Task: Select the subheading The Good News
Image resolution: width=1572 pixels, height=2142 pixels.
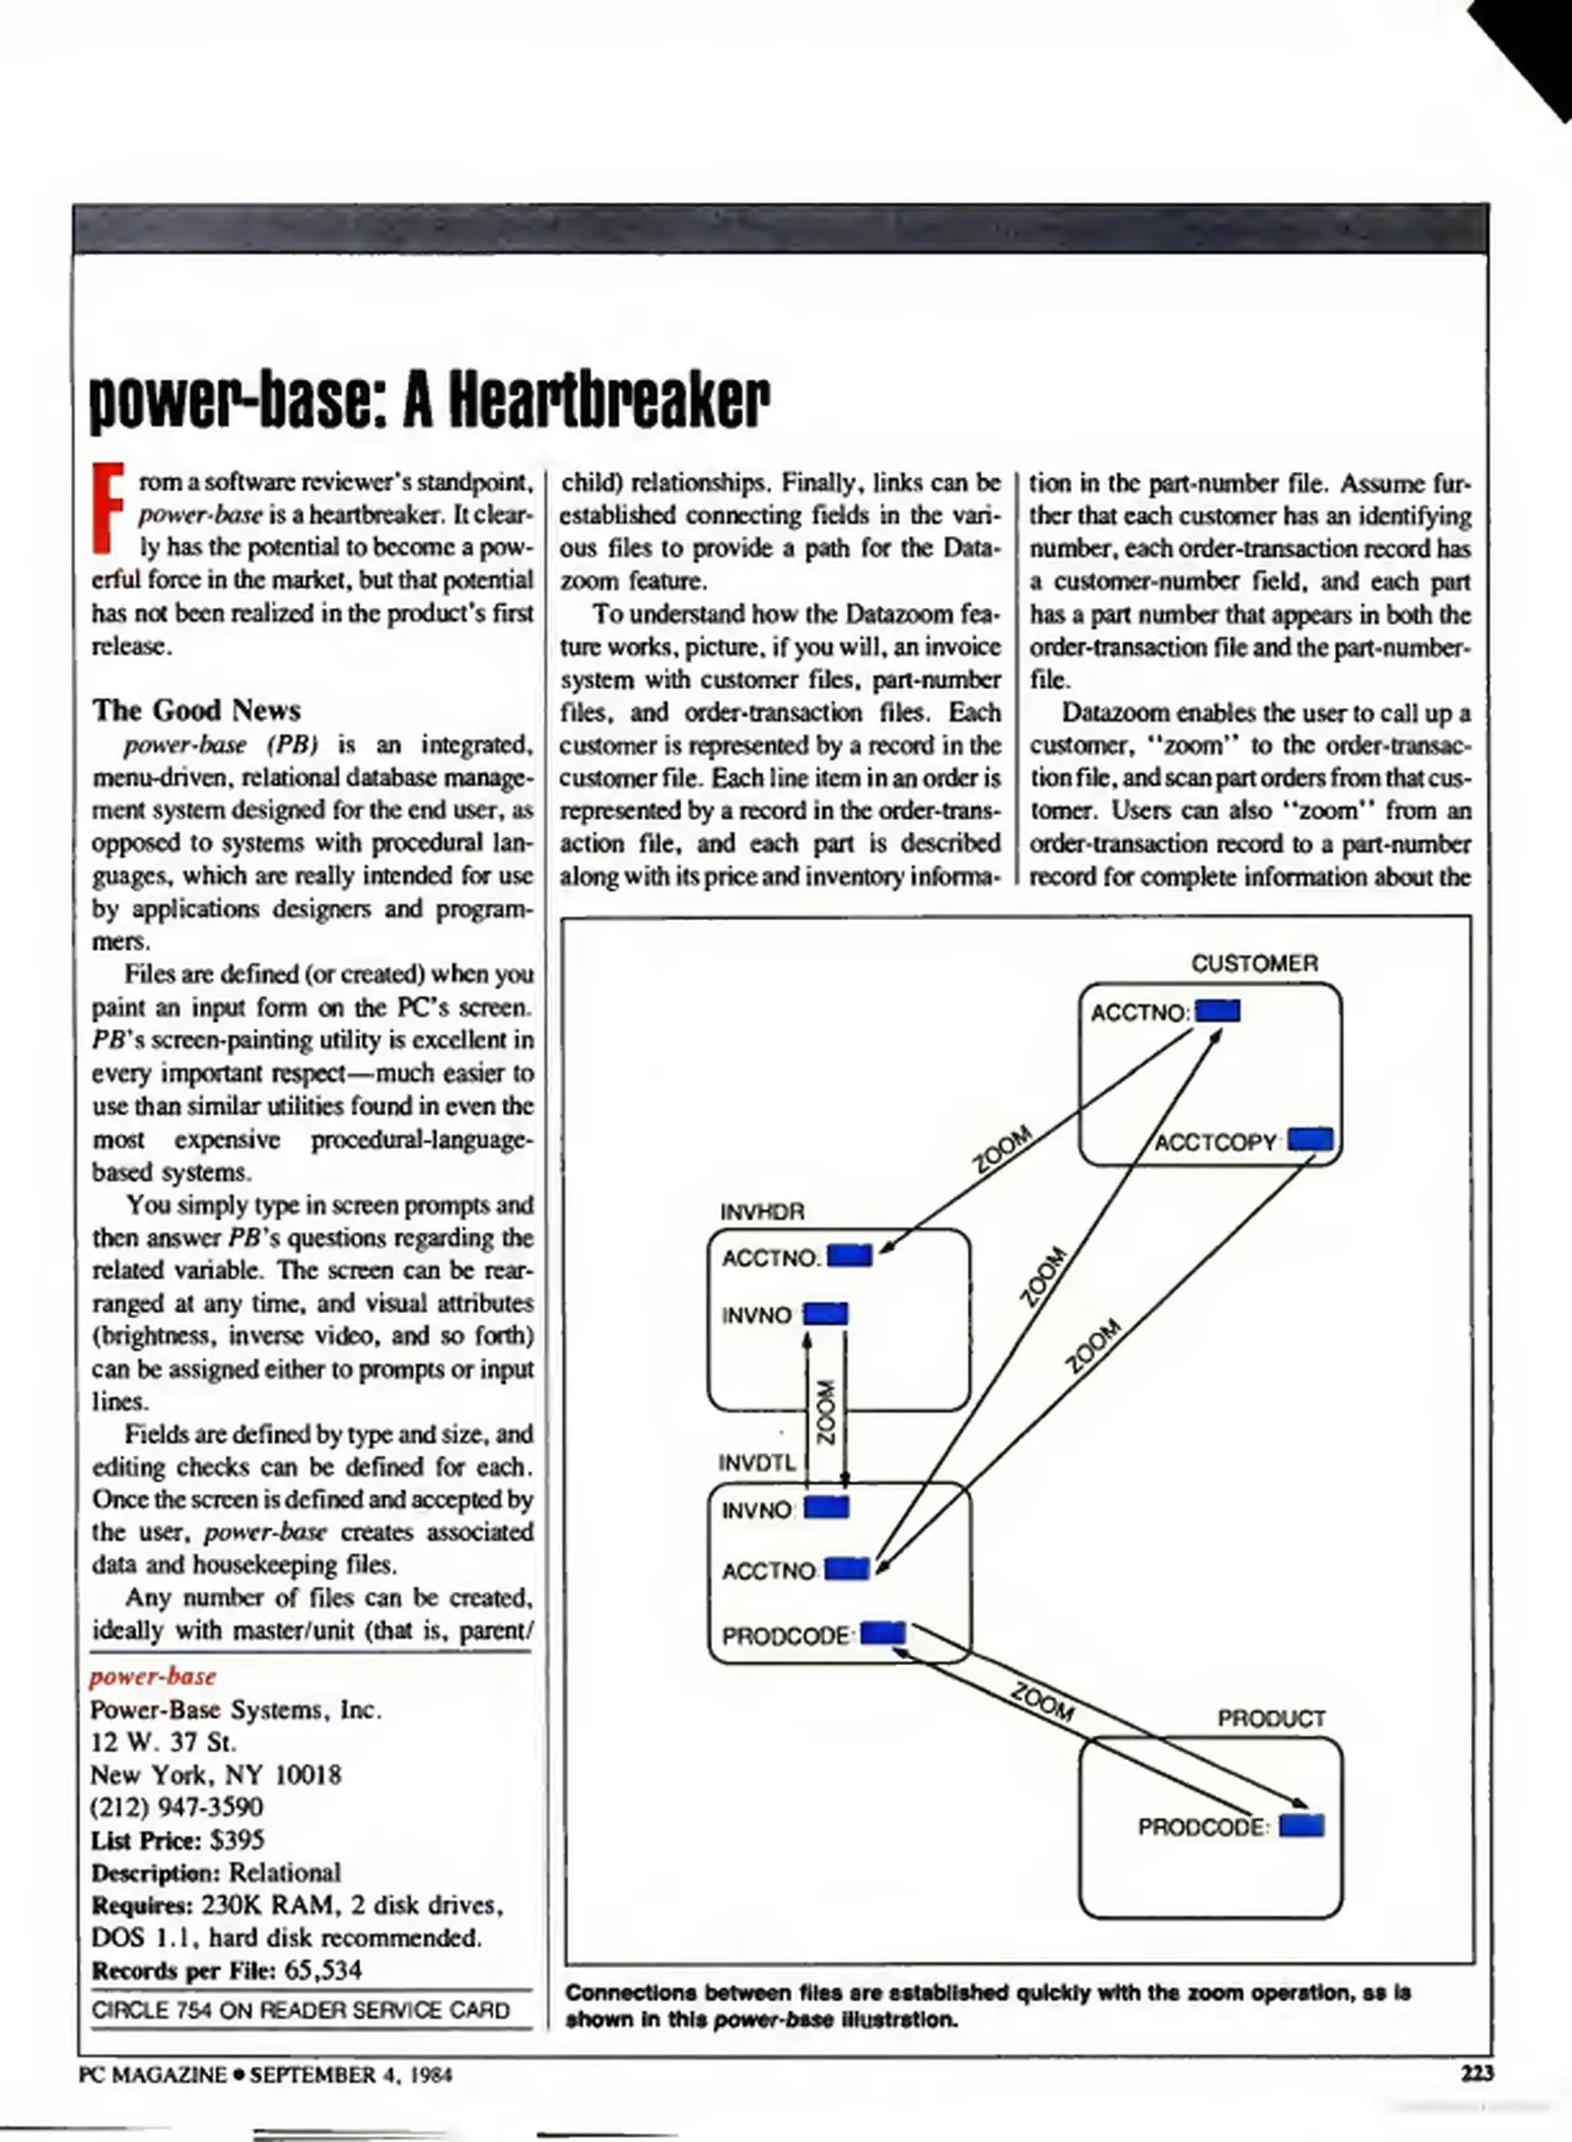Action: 196,710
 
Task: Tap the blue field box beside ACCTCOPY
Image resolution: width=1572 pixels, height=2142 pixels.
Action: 1310,1138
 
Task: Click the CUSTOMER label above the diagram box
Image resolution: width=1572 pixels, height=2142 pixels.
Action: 1255,963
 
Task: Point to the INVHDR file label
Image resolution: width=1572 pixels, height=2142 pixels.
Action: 762,1211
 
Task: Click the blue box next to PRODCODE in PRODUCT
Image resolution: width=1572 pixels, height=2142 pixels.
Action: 1301,1826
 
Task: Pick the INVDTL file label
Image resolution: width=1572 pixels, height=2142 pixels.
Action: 757,1463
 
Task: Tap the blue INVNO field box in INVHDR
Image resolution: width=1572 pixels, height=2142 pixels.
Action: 825,1314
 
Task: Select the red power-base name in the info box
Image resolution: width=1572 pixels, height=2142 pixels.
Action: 153,1676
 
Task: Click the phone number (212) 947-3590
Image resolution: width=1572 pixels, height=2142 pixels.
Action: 177,1807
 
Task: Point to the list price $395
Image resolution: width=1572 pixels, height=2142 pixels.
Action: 237,1840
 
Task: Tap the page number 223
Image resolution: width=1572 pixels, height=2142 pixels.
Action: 1477,2074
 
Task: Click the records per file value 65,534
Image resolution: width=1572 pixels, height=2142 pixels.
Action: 323,1969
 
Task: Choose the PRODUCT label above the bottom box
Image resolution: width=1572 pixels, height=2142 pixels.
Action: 1271,1719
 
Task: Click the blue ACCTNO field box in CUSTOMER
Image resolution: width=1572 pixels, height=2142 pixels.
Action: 1218,1011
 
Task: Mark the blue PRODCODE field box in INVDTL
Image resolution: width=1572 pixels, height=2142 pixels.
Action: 883,1633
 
